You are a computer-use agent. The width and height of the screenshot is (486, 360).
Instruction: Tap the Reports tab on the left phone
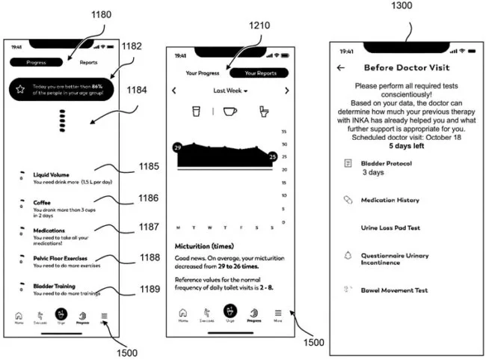(88, 63)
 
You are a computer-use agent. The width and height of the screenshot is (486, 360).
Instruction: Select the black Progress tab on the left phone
(37, 63)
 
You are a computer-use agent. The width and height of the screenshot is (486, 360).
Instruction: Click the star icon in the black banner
(20, 89)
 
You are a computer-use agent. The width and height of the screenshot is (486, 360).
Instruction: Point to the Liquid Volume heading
(52, 174)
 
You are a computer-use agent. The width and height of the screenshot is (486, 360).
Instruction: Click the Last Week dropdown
(230, 90)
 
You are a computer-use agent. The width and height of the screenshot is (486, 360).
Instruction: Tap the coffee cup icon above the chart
(230, 111)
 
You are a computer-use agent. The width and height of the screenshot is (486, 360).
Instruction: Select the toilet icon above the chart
(263, 111)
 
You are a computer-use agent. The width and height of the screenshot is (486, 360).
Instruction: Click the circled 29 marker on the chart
(176, 148)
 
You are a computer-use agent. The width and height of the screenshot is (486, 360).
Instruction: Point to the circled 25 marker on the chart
(274, 156)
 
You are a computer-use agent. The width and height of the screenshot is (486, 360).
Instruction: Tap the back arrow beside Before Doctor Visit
(341, 67)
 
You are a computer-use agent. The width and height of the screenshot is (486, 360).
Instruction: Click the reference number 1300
(407, 7)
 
